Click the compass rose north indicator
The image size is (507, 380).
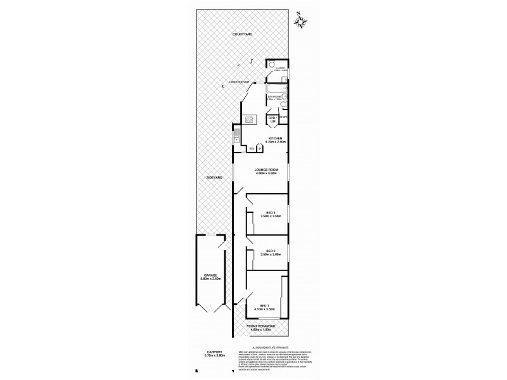pos(302,21)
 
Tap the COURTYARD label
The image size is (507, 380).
pos(242,34)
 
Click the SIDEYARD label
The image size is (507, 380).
pos(214,178)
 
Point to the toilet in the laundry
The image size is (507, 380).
pos(271,65)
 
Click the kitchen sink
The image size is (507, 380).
pos(237,134)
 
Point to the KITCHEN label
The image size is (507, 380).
pos(274,137)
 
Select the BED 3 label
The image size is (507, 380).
pos(270,212)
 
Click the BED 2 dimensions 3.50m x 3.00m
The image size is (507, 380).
pos(270,255)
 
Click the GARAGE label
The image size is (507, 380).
pos(206,275)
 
